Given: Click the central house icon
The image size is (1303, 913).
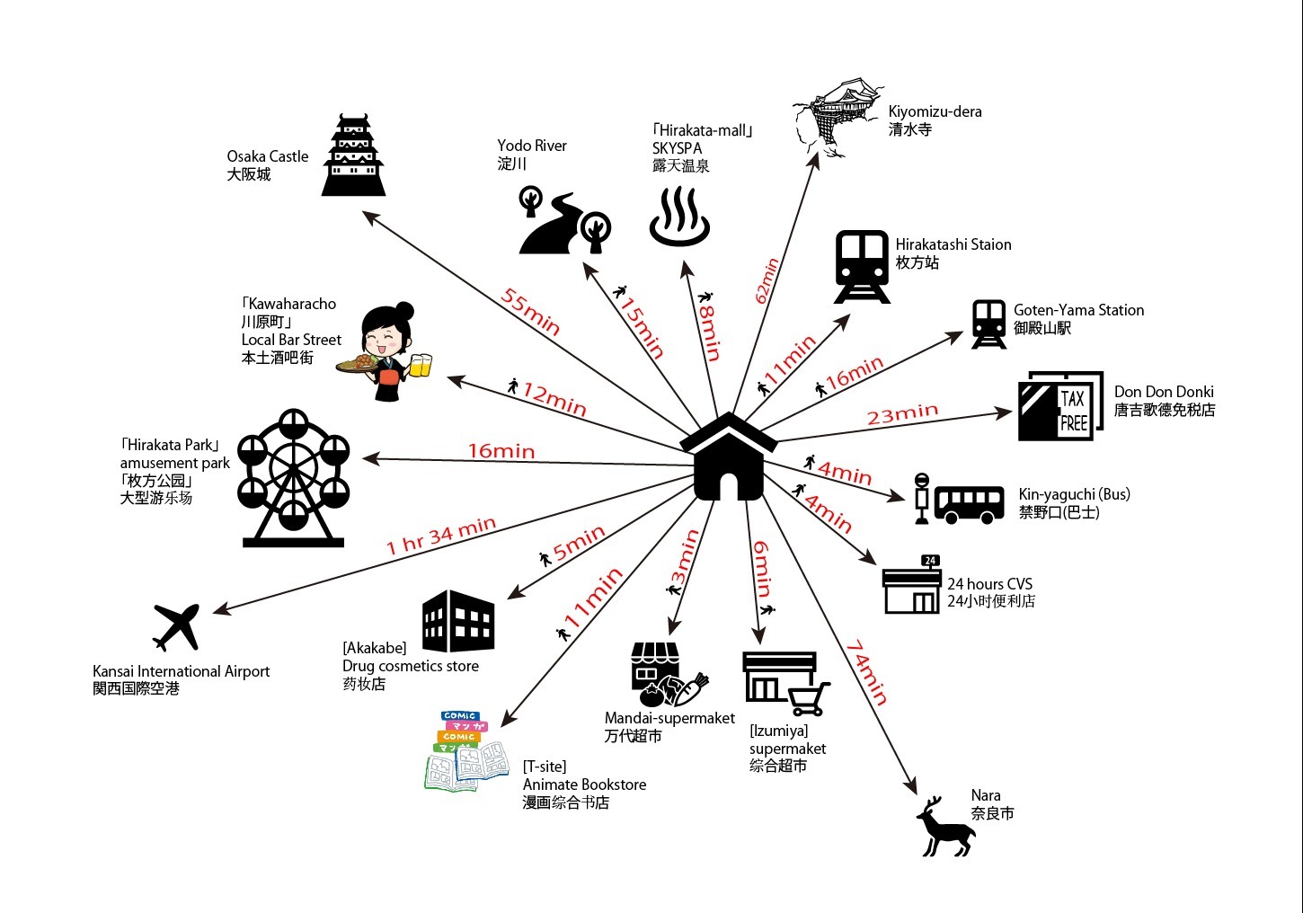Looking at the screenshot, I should click(x=728, y=458).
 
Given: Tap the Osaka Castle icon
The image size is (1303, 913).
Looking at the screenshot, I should click(x=354, y=156).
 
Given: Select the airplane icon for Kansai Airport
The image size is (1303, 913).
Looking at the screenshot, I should click(x=176, y=625).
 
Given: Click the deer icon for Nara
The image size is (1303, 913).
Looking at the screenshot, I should click(x=945, y=828).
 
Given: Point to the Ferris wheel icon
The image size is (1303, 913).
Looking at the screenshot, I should click(x=293, y=478).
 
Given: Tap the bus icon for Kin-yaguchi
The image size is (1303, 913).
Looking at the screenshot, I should click(x=968, y=504).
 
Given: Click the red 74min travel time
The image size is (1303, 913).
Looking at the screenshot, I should click(x=866, y=672).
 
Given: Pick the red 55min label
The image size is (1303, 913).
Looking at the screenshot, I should click(x=530, y=311).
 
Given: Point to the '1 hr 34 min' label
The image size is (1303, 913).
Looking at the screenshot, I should click(x=440, y=536).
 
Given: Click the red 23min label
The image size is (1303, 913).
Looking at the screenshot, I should click(x=902, y=414).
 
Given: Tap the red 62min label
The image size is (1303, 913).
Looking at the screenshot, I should click(x=767, y=280).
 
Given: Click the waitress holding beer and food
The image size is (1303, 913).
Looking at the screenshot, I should click(x=387, y=351).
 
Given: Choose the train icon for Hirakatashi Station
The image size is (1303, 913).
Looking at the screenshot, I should click(x=863, y=266).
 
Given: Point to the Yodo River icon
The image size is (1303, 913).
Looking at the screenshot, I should click(x=565, y=222).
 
